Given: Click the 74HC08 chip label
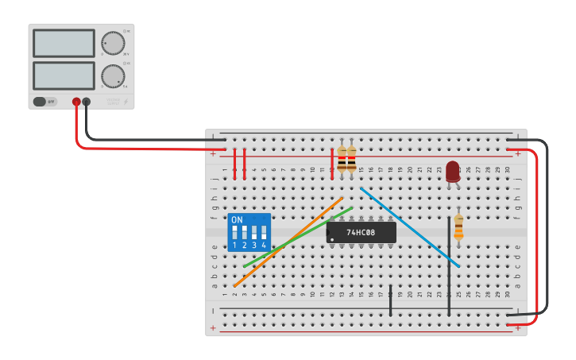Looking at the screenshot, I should [x=361, y=232].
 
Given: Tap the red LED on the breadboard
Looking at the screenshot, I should [x=453, y=171].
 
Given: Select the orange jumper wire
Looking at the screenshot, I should [x=288, y=242].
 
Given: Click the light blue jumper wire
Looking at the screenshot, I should [x=410, y=227].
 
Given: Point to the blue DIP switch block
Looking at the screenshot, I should [x=249, y=232].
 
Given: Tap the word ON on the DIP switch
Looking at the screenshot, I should [x=237, y=220].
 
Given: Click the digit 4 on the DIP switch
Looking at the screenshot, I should [x=264, y=246].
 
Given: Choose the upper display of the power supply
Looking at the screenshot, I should [x=64, y=44].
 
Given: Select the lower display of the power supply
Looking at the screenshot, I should [x=64, y=75].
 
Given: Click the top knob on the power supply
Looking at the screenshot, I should [x=113, y=43].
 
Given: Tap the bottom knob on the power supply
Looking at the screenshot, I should [x=113, y=75].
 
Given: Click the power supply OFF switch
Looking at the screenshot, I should [x=44, y=102].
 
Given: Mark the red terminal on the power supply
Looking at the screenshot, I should [x=76, y=102].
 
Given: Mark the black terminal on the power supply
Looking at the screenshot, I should [x=87, y=102].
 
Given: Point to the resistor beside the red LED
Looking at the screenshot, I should [x=458, y=226].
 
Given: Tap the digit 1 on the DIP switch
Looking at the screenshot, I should [x=234, y=246].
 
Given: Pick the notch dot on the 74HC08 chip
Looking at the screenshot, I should [x=332, y=239].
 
